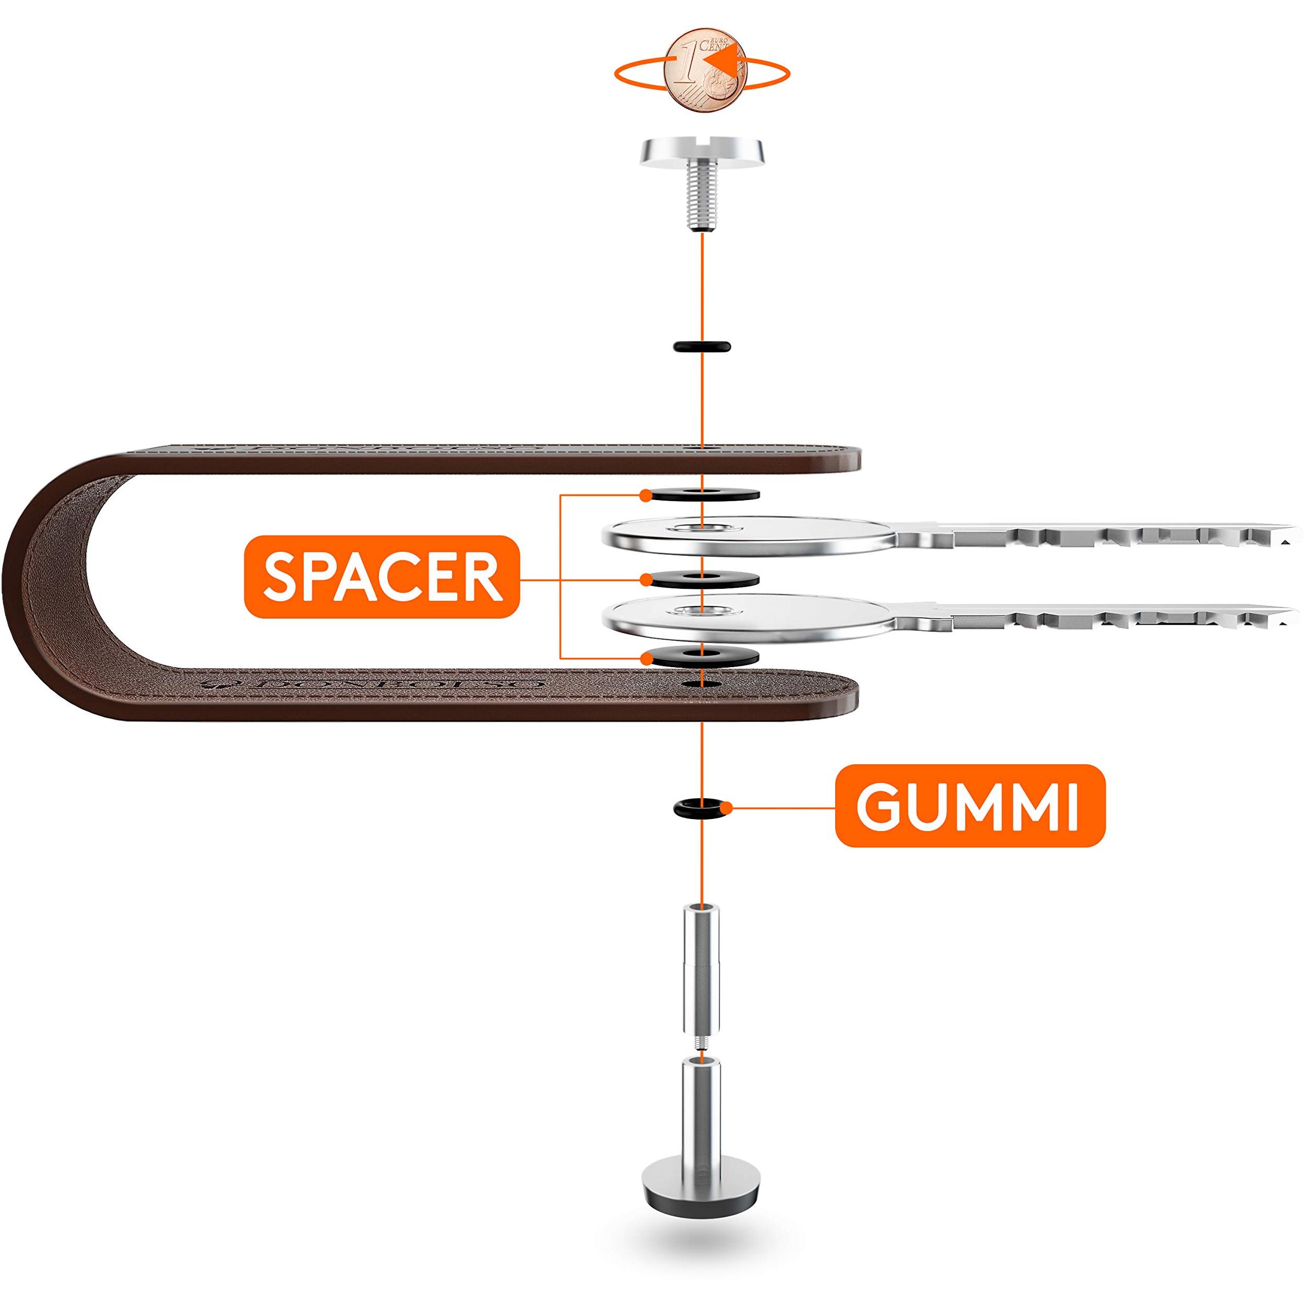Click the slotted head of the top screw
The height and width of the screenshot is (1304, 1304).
tap(703, 150)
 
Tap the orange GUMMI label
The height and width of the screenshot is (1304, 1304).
tap(969, 806)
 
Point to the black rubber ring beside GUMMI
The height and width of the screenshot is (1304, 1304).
tap(703, 806)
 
